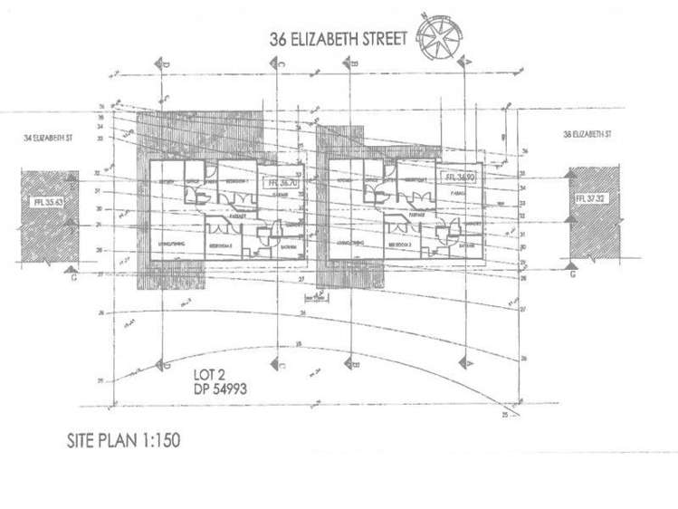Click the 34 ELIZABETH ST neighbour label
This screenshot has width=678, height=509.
[51, 139]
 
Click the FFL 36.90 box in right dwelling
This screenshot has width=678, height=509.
[454, 178]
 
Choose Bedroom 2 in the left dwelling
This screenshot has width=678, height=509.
[224, 245]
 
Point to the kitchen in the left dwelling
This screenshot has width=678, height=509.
[168, 184]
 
